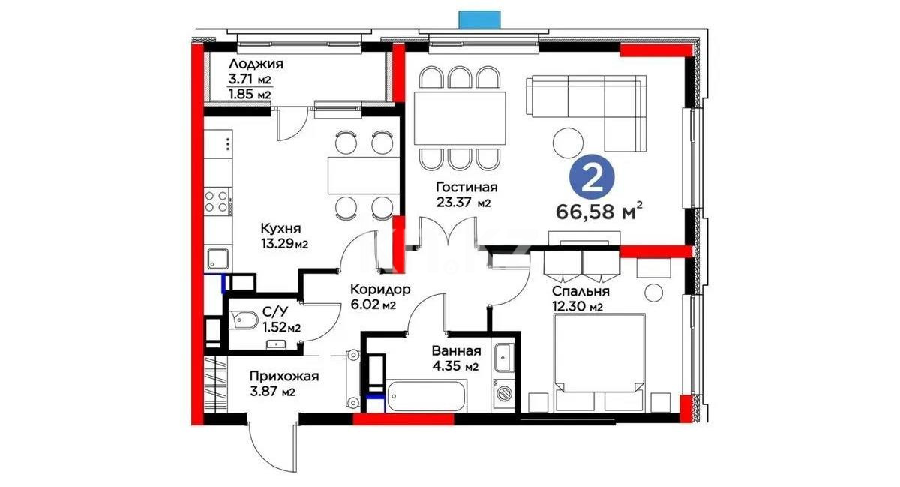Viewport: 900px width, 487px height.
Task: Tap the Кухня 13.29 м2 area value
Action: point(284,244)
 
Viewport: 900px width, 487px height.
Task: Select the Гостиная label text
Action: point(467,187)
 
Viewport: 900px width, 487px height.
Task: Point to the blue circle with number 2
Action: point(592,177)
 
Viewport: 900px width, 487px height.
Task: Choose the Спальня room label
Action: point(580,291)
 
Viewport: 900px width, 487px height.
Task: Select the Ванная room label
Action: point(456,350)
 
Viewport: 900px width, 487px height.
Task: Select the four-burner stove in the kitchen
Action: point(217,200)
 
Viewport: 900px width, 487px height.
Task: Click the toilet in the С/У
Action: point(244,321)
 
